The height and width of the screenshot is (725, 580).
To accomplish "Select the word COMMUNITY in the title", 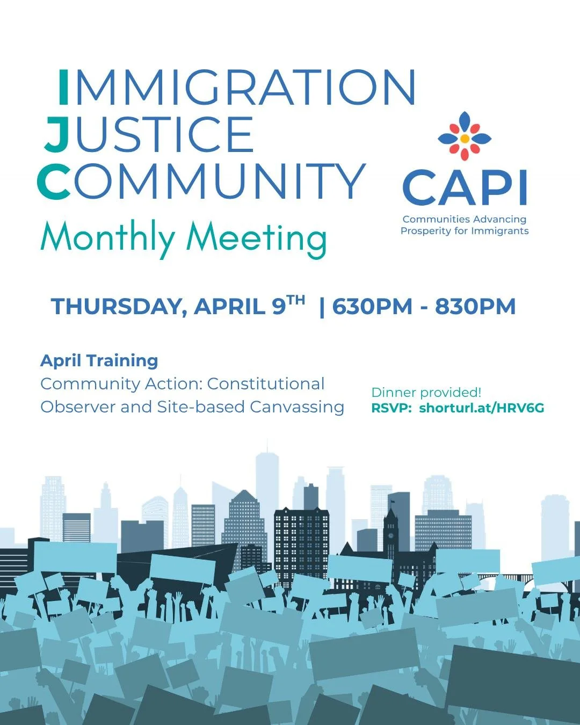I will point(201,181).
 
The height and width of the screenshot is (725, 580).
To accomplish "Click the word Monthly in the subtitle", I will point(107,237).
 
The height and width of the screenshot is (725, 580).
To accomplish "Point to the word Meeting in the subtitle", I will point(256,237).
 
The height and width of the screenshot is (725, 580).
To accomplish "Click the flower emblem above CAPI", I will point(465,137).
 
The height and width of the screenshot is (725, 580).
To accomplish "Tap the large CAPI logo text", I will point(465,188).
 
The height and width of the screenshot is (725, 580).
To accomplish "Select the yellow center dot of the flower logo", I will point(465,139).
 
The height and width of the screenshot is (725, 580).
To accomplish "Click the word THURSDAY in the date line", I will point(118,307).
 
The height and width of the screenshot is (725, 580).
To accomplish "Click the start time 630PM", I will point(372,307).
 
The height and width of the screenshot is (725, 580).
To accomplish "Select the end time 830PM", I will point(475,307).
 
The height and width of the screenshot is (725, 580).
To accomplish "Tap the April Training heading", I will point(99,360).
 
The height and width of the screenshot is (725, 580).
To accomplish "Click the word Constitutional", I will point(266,384).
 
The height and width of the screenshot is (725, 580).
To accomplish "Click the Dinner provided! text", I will point(426,393).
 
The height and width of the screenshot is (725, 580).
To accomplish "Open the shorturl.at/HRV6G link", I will point(482,408).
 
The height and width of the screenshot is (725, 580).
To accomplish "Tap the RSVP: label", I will point(392,408).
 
